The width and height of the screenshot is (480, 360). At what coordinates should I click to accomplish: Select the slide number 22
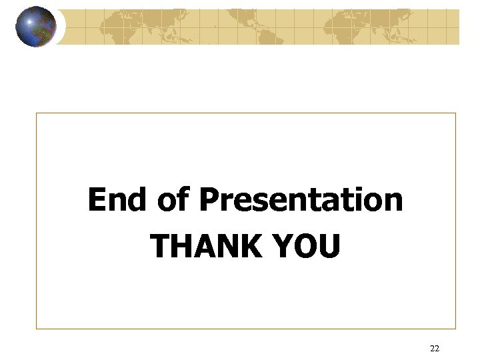coord(435,348)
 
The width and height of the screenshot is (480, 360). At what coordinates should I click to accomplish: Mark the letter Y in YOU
coord(279,246)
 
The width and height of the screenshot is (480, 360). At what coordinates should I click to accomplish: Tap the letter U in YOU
coord(328,246)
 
